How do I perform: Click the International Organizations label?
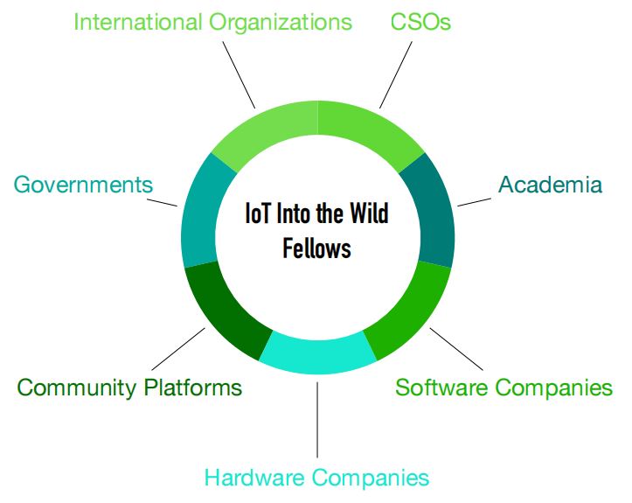point(212,22)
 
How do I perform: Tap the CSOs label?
point(420,22)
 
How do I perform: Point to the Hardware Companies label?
point(316,478)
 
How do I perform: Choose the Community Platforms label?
point(129,388)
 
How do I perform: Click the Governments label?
point(83,185)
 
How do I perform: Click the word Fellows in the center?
point(316,248)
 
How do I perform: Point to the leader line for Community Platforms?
point(180,349)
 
